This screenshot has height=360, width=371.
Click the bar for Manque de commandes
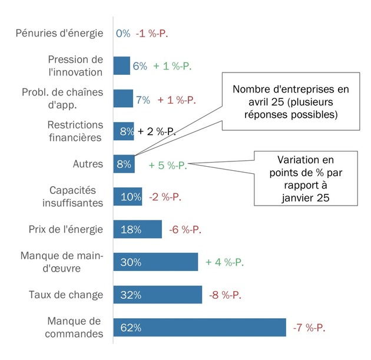pos(199,327)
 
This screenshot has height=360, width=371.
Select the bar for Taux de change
pos(157,295)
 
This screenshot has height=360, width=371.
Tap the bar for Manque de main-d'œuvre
pos(155,262)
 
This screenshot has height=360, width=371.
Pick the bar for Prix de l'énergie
pos(137,229)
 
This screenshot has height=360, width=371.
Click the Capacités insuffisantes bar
pos(127,196)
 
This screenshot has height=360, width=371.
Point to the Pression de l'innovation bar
pos(121,66)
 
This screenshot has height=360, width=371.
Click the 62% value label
pos(131,328)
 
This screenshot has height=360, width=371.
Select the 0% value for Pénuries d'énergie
pos(123,34)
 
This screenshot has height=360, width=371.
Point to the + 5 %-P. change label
pos(168,165)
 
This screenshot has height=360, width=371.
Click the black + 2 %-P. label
pos(157,131)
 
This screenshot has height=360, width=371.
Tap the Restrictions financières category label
pos(75,131)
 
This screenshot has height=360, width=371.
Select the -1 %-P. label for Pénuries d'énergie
pos(152,34)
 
